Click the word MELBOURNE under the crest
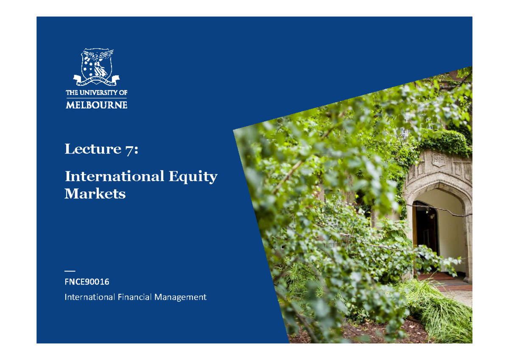[96, 105]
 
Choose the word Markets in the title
[95, 194]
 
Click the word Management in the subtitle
[180, 297]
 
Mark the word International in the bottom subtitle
[89, 297]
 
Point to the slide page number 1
[470, 319]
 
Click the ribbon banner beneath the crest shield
[96, 79]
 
